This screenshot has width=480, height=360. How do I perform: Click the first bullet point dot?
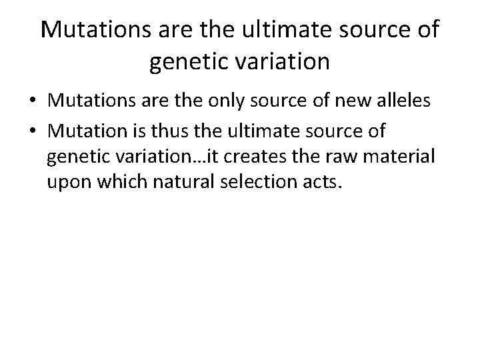(x=33, y=102)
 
